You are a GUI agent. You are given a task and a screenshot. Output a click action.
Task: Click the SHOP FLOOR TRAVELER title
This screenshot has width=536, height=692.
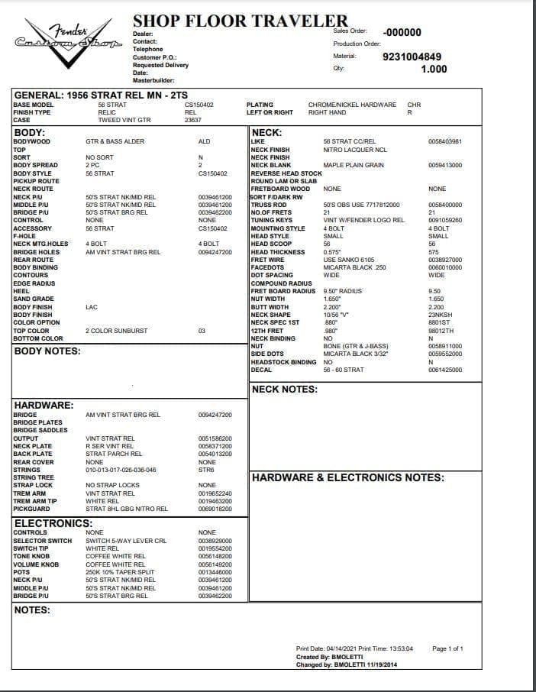click(240, 21)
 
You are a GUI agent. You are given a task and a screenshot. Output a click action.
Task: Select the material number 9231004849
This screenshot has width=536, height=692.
click(412, 57)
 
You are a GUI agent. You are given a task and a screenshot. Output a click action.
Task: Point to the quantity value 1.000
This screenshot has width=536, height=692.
click(434, 69)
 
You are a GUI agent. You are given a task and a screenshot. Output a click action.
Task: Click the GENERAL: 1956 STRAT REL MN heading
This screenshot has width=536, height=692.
click(100, 95)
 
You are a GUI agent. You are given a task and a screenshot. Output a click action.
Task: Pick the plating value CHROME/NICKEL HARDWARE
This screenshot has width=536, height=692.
click(352, 105)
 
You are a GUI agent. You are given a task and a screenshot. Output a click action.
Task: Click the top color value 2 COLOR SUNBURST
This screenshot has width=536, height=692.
click(117, 331)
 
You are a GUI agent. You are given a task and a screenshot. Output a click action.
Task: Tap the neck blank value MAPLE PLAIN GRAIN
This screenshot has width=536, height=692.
click(354, 165)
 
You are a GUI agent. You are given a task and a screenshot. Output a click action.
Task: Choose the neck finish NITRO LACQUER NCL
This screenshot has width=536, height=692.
click(355, 150)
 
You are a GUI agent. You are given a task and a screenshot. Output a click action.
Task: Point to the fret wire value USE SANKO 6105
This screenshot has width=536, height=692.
click(349, 260)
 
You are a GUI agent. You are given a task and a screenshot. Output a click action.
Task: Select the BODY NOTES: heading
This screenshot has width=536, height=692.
click(47, 351)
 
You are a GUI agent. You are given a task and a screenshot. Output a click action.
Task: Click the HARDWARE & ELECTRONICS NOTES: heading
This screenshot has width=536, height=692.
click(347, 477)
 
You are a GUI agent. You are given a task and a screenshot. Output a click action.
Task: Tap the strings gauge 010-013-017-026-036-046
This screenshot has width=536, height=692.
click(121, 470)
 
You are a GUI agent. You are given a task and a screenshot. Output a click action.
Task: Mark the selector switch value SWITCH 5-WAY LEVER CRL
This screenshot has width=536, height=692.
click(126, 541)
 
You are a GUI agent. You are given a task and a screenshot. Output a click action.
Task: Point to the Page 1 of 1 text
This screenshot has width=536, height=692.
click(447, 648)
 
